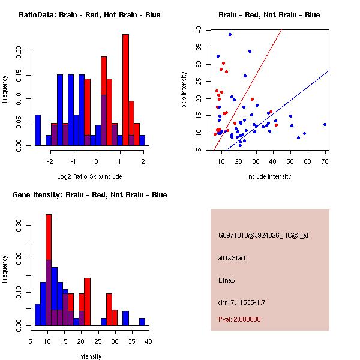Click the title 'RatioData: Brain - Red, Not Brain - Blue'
point(89,15)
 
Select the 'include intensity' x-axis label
point(269,176)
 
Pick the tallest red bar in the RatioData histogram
point(125,90)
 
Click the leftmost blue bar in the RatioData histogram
point(37,130)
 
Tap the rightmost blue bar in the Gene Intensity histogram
point(142,322)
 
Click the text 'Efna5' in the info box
point(227,280)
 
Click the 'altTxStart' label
point(232,258)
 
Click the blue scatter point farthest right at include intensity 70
point(325,124)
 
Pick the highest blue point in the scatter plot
point(230,34)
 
